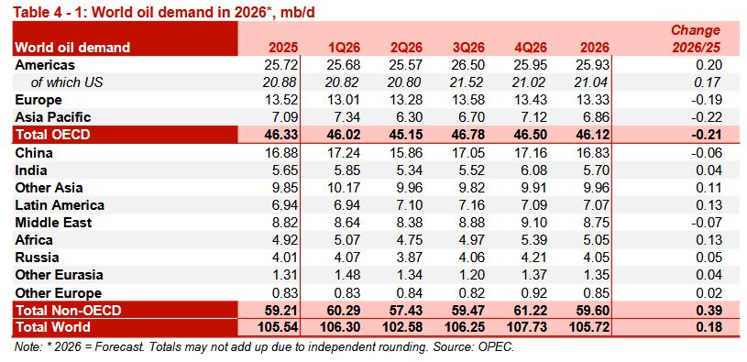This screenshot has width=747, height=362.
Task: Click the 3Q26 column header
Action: (468, 48)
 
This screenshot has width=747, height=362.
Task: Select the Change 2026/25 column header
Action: (696, 38)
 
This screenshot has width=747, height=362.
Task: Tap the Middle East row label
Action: (53, 223)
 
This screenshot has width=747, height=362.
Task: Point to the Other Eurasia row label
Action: (59, 275)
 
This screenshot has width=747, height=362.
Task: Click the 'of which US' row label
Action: (67, 82)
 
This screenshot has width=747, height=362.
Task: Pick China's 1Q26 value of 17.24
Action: (343, 153)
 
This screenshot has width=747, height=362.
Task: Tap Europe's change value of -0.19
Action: (708, 100)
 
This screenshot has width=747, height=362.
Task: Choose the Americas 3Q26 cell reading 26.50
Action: (467, 65)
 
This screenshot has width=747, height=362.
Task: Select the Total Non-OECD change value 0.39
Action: (709, 311)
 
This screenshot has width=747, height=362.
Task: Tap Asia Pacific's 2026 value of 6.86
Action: (596, 117)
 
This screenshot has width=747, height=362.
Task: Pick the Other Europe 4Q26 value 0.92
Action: (533, 292)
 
